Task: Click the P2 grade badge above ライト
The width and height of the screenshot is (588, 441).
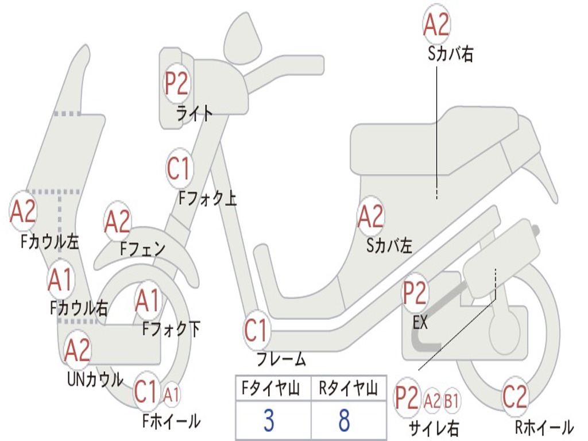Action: coord(176,84)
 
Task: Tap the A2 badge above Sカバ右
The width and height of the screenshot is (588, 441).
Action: coord(436,25)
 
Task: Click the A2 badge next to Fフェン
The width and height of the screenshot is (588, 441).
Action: coord(118,222)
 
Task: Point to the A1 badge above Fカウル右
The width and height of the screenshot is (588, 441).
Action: coord(61,280)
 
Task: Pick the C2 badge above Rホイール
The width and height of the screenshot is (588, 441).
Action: coord(514,396)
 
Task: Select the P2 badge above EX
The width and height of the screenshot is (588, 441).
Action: coord(415,293)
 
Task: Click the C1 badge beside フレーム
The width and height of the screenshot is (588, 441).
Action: coord(257,331)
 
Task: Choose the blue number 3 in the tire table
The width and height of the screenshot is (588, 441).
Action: coord(269,421)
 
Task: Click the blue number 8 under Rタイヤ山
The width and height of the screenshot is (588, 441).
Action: coord(344,421)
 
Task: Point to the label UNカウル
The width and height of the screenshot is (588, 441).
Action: coord(95,379)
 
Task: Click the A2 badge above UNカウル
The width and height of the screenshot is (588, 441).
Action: coord(78,350)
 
